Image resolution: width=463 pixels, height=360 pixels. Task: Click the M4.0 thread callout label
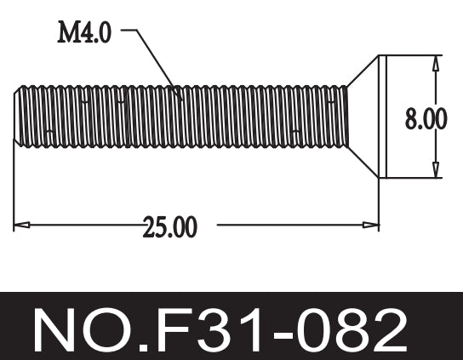(83, 33)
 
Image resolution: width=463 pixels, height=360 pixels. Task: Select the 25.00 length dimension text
(170, 227)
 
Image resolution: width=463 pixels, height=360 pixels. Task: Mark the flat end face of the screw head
(384, 117)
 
